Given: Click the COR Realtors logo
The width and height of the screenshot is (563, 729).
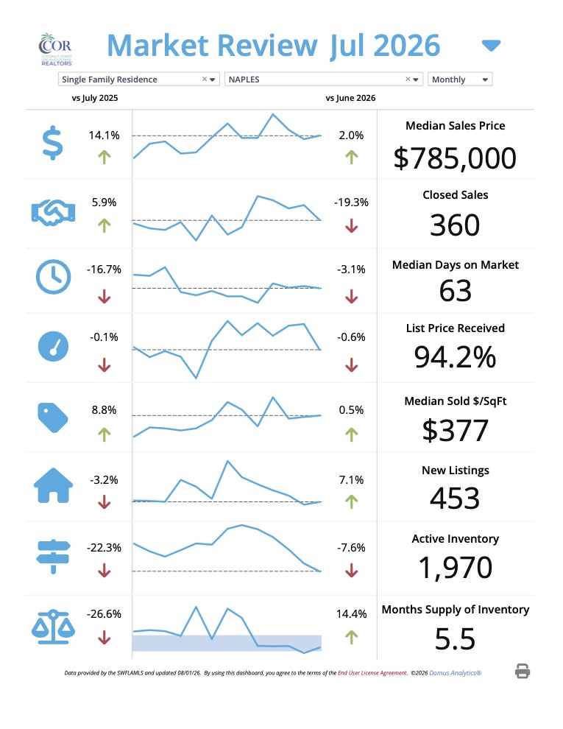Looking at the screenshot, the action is click(55, 49).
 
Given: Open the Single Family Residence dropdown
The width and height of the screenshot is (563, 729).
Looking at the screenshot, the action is click(138, 80).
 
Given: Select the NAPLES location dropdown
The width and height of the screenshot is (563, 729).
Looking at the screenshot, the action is click(323, 80).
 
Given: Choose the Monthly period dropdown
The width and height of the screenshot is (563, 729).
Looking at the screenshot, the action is click(460, 80).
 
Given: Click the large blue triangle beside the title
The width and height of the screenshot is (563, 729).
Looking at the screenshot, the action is click(491, 46).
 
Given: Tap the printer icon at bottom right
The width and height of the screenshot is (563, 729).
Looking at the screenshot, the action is click(523, 672).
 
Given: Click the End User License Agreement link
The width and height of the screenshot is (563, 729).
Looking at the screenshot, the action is click(372, 673).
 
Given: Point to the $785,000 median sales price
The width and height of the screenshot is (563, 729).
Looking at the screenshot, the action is click(455, 158).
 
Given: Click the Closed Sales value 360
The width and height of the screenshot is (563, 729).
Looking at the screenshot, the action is click(455, 225).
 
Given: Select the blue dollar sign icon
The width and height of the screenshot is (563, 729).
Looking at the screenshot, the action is click(52, 143).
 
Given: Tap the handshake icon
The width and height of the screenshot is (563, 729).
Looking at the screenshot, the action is click(53, 213).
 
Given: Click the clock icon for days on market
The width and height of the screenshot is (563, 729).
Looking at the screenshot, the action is click(54, 277).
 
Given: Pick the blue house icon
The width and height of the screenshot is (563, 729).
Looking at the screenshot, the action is click(54, 485).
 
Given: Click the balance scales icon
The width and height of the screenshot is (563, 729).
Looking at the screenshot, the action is click(53, 627).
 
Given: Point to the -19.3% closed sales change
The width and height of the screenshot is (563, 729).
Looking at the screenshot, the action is click(351, 202).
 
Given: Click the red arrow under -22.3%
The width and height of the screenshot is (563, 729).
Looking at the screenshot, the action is click(104, 571).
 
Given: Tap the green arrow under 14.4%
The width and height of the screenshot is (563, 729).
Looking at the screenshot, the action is click(351, 637).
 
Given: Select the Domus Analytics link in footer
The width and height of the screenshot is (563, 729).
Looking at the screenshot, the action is click(456, 673).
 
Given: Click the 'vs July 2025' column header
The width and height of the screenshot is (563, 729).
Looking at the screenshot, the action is click(95, 98).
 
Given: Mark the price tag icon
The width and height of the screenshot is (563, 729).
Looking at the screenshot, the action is click(53, 418).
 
